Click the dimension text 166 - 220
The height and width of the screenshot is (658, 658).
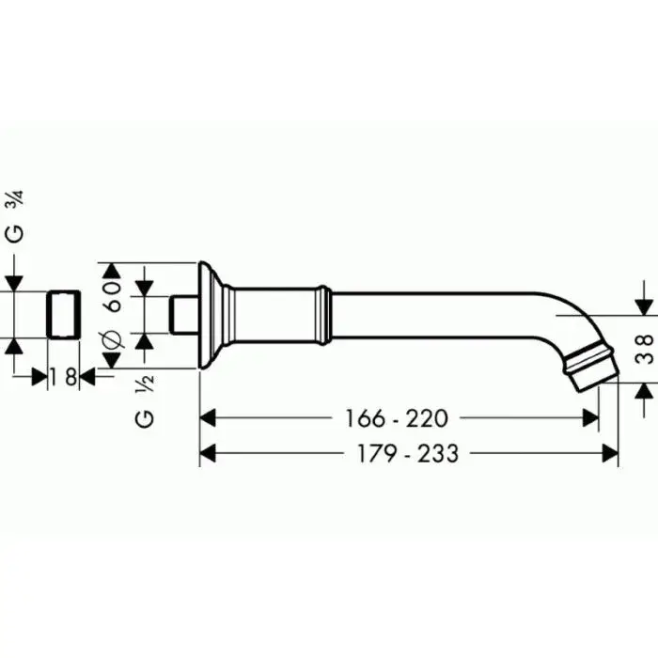(396, 418)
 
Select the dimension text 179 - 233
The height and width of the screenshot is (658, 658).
(407, 454)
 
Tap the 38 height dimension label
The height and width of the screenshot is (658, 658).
(645, 349)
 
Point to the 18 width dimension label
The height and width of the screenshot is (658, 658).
(63, 376)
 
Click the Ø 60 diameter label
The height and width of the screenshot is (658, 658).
(113, 314)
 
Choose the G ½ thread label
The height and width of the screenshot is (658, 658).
(145, 401)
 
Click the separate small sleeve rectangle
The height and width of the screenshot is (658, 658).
(63, 314)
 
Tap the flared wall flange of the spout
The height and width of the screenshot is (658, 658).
(211, 315)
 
